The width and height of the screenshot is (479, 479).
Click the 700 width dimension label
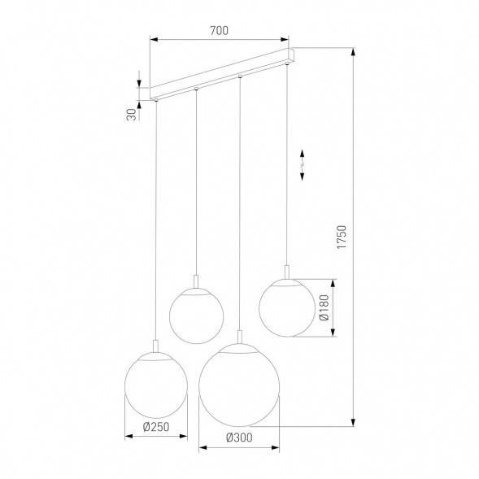(217, 30)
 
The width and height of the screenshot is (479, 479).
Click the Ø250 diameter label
(155, 426)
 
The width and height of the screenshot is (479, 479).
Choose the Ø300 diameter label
(238, 438)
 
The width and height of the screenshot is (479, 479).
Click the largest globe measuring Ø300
(239, 385)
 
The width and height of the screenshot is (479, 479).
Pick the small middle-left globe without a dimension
(195, 313)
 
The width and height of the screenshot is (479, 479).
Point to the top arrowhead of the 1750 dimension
(354, 50)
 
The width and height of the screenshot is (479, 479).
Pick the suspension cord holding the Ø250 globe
(155, 220)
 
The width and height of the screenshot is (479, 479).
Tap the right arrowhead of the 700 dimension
(286, 39)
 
